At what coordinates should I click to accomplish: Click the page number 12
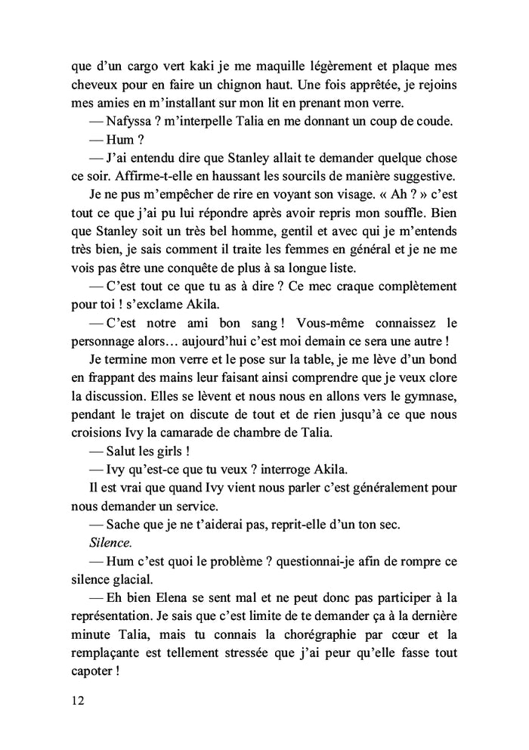[x=76, y=700]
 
